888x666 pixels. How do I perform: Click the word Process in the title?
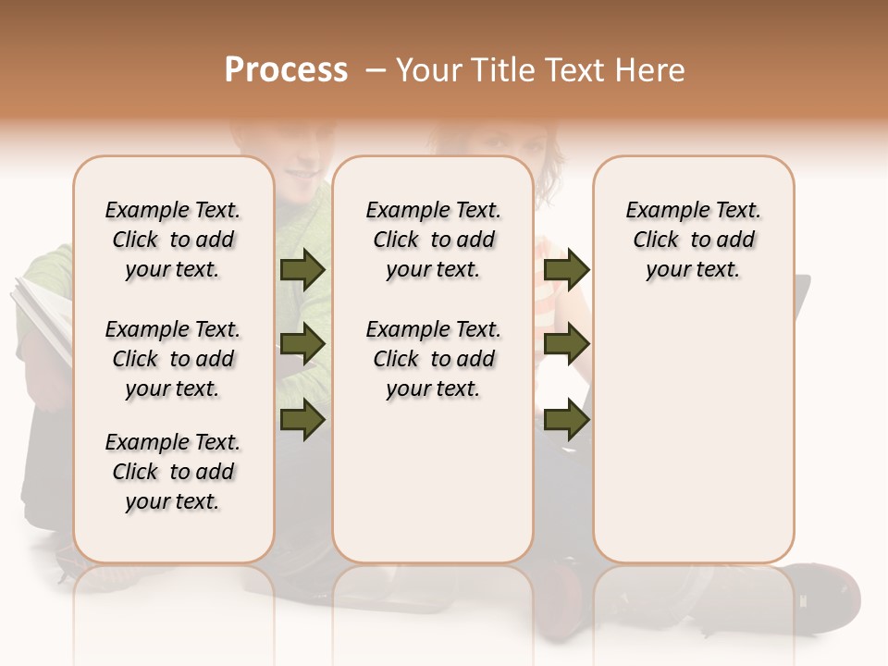[x=286, y=70]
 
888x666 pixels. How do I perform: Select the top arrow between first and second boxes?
[x=302, y=269]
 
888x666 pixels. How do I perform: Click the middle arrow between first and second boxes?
[x=302, y=345]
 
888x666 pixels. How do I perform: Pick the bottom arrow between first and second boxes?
[x=302, y=420]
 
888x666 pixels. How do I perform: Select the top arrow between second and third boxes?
[x=566, y=269]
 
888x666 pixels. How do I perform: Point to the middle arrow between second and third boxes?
[x=566, y=345]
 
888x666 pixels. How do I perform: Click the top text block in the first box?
[x=173, y=240]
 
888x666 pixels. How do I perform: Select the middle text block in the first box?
[x=173, y=359]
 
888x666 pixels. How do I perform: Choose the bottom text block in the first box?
[x=173, y=472]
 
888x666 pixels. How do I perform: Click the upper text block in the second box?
[x=433, y=240]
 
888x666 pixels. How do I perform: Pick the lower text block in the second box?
[x=433, y=359]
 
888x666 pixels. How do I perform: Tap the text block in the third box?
[x=693, y=240]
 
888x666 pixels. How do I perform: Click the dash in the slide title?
[x=376, y=70]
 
